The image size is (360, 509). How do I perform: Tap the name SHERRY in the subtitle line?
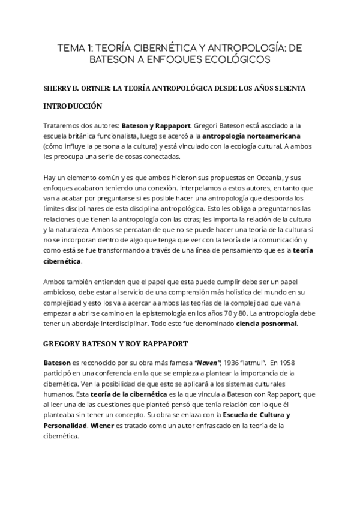point(58,88)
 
